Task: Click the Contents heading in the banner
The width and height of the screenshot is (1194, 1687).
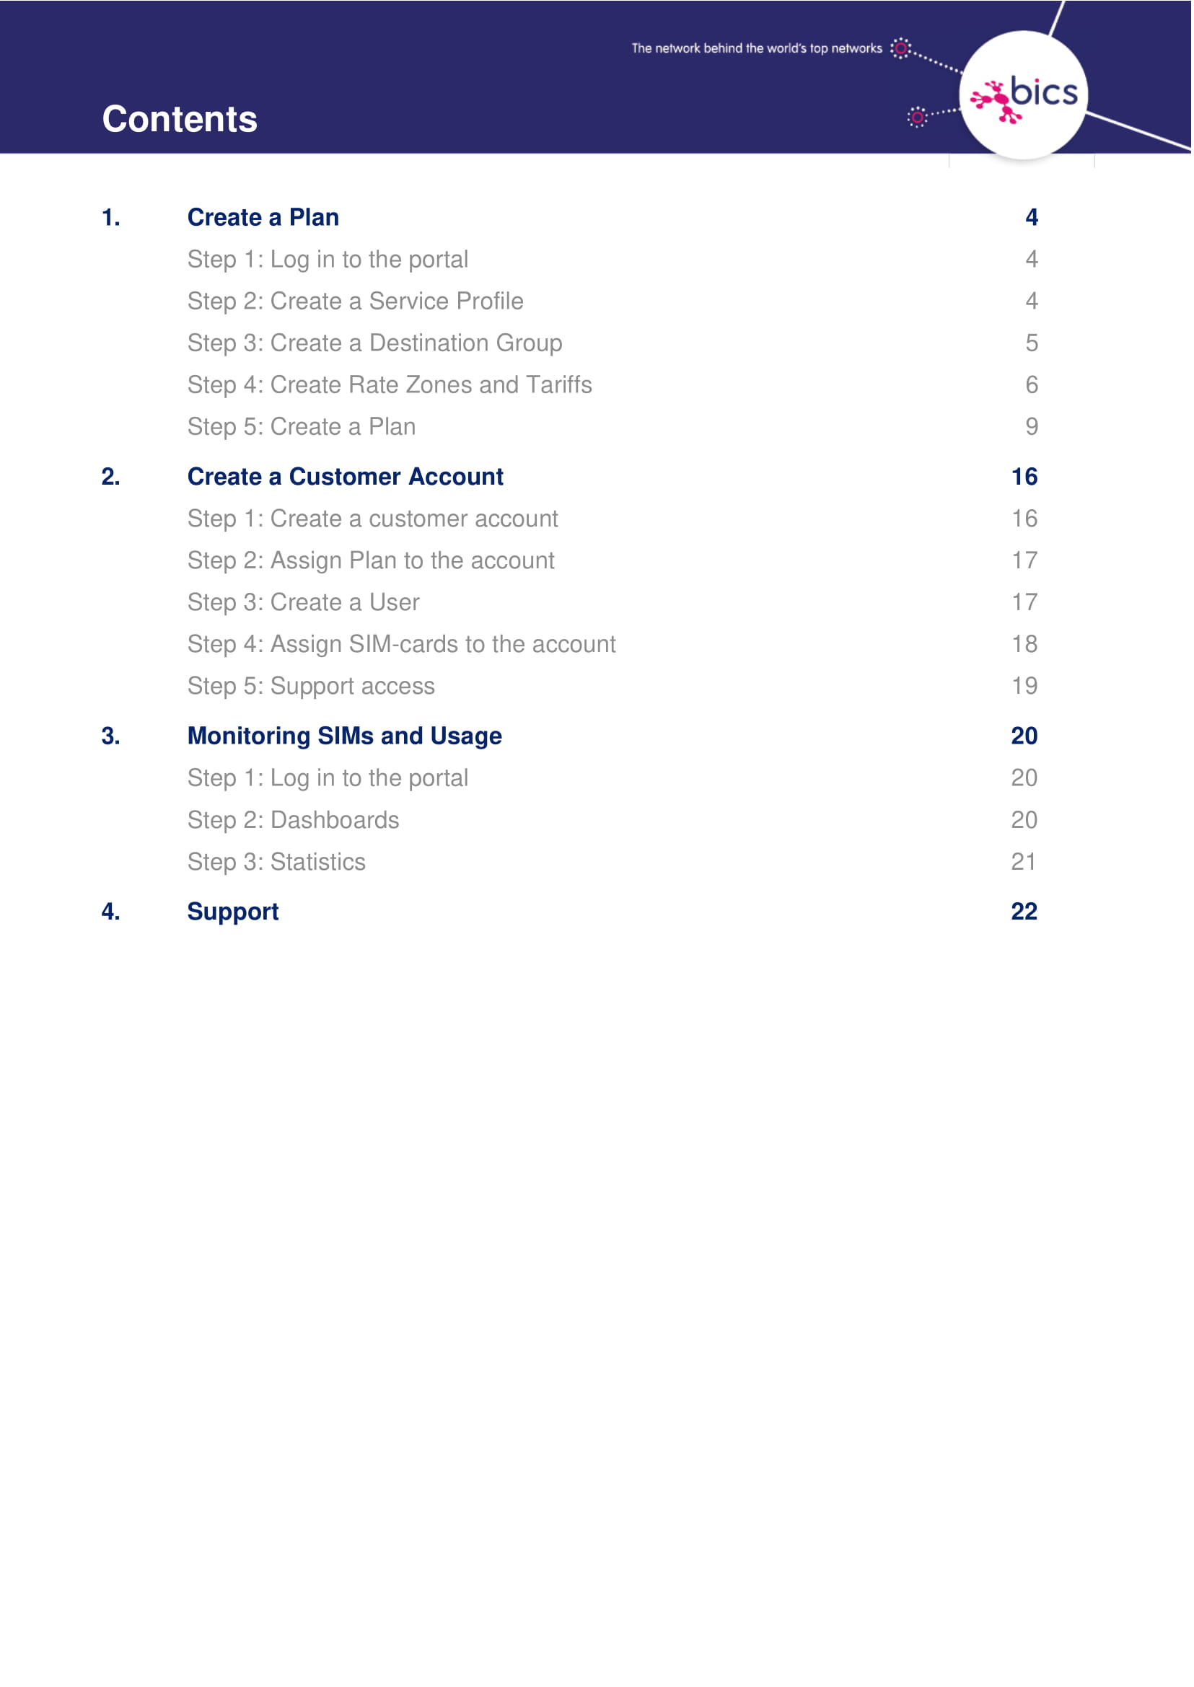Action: click(x=180, y=119)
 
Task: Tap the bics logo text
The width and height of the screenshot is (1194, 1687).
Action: click(x=1043, y=92)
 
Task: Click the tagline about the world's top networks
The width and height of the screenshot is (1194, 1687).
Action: click(x=756, y=48)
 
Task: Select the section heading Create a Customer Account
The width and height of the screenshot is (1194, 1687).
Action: click(x=345, y=477)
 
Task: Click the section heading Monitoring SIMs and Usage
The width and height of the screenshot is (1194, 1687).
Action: click(x=344, y=736)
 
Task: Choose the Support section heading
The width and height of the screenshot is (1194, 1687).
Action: click(x=232, y=912)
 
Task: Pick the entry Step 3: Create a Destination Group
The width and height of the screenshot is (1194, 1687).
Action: click(x=374, y=343)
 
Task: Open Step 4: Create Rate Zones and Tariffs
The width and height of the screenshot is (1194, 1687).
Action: click(x=389, y=385)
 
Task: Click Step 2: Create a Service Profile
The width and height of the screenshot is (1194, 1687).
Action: click(x=355, y=301)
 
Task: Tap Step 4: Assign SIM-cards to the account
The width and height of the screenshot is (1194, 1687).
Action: click(x=400, y=645)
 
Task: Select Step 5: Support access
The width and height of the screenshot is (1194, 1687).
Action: click(x=311, y=687)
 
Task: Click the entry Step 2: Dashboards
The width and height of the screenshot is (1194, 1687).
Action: click(x=293, y=820)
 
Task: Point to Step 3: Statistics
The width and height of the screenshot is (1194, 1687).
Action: click(x=276, y=862)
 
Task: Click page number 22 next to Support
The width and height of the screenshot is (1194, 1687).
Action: click(x=1024, y=912)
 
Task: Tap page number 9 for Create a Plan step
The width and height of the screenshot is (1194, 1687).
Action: click(x=1032, y=427)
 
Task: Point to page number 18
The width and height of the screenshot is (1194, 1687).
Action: click(x=1024, y=645)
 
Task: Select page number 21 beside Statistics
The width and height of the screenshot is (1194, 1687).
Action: click(x=1024, y=862)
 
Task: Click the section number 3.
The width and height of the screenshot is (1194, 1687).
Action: click(x=110, y=736)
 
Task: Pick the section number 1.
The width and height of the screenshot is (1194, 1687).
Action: click(x=110, y=218)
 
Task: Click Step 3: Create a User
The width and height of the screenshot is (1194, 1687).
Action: click(x=303, y=603)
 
